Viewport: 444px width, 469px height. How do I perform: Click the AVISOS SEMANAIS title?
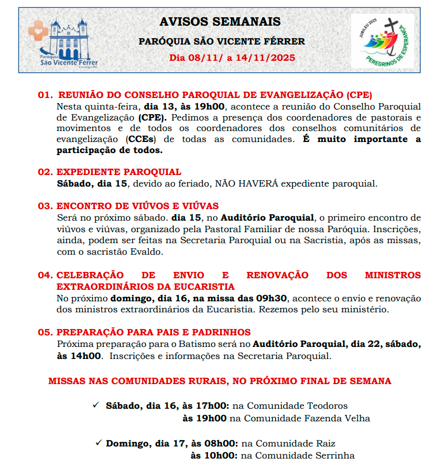click(x=220, y=22)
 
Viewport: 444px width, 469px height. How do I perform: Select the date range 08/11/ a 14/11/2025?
click(x=232, y=58)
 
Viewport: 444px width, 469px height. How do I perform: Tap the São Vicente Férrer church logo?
click(x=63, y=42)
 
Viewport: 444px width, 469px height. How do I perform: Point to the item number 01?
click(x=46, y=95)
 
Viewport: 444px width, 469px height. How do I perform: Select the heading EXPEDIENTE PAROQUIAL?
click(x=119, y=172)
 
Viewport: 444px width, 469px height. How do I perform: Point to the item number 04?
click(x=46, y=276)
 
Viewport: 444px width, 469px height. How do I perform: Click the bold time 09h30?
click(x=272, y=298)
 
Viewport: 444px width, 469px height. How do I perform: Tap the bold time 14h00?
click(x=79, y=356)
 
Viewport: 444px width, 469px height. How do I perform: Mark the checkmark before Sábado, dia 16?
click(x=95, y=405)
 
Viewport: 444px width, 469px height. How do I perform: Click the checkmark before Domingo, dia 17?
click(x=98, y=443)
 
